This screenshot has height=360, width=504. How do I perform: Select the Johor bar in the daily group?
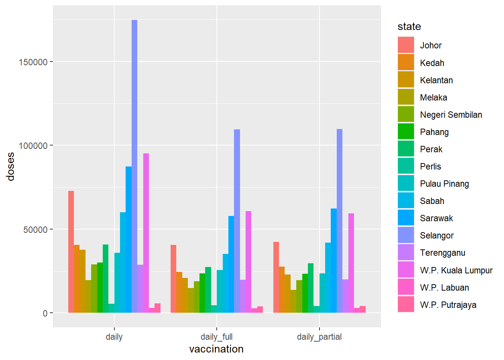(x=71, y=252)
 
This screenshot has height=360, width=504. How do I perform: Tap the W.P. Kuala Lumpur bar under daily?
(x=146, y=233)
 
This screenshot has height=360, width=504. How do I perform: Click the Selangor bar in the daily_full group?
(x=237, y=221)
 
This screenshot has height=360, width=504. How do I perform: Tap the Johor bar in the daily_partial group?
(x=276, y=277)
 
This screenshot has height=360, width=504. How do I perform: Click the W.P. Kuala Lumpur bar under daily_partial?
(x=351, y=263)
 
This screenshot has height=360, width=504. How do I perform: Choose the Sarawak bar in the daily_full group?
(x=231, y=264)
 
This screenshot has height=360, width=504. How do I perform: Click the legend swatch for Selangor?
(x=406, y=235)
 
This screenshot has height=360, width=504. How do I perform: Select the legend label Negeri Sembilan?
(x=451, y=115)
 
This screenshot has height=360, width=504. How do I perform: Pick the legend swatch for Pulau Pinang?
(x=406, y=183)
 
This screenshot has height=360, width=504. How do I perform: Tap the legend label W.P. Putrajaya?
(x=448, y=305)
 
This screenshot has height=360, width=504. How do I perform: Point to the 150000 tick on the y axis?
(x=33, y=62)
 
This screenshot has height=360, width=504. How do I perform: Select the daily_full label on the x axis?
(x=216, y=337)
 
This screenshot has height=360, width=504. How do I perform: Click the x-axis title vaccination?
(x=216, y=349)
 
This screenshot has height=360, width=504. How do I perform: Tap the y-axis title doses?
(x=10, y=166)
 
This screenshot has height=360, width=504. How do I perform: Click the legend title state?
(x=409, y=27)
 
